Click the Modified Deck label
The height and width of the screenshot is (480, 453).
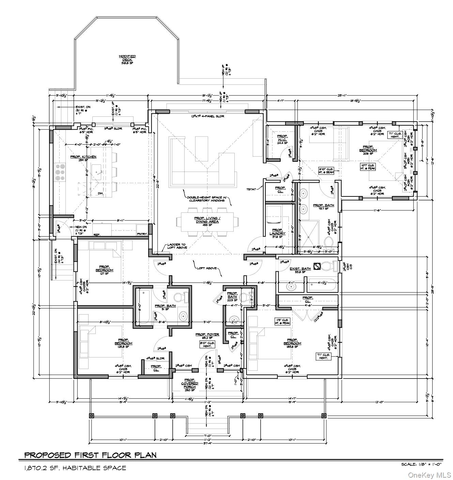click(127, 60)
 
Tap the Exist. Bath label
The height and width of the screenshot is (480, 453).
click(300, 270)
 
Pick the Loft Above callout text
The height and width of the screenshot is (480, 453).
click(206, 268)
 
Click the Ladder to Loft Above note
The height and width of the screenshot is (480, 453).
click(176, 246)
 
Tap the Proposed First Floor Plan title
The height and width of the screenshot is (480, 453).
click(90, 455)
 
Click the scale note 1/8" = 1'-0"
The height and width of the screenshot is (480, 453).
click(421, 464)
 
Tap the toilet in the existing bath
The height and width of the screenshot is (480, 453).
click(330, 265)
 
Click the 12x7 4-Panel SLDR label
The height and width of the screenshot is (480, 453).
click(207, 116)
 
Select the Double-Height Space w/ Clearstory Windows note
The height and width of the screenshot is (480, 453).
click(208, 199)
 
